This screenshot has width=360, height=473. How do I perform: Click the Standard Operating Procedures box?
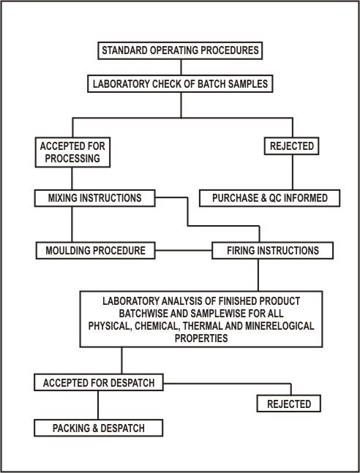click(x=180, y=50)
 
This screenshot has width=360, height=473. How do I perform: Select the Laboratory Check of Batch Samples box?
click(x=180, y=84)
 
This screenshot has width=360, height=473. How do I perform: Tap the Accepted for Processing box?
click(x=72, y=152)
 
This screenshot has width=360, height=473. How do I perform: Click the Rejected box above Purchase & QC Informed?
click(x=291, y=146)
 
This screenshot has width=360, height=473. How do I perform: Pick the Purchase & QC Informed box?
click(x=270, y=198)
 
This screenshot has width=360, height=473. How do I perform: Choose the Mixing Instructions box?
click(x=95, y=198)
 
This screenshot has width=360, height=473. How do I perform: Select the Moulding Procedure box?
click(x=95, y=250)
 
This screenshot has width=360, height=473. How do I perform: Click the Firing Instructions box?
click(x=272, y=250)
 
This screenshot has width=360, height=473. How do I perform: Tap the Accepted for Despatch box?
click(x=99, y=382)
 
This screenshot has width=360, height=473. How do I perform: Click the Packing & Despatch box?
click(x=99, y=428)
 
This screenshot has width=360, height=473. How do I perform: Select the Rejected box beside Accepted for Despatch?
click(x=289, y=404)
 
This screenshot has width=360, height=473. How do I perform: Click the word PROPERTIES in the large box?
click(x=201, y=338)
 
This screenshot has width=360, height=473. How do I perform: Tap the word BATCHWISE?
click(x=143, y=314)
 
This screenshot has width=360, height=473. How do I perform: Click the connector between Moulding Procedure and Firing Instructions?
click(x=184, y=250)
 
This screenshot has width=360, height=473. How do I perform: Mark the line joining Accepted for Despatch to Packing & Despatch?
click(x=98, y=405)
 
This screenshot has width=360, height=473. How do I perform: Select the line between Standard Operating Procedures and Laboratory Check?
click(x=181, y=67)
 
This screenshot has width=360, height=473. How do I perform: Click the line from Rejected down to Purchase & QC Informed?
click(x=293, y=173)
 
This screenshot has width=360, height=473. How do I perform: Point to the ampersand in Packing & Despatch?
click(x=95, y=428)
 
